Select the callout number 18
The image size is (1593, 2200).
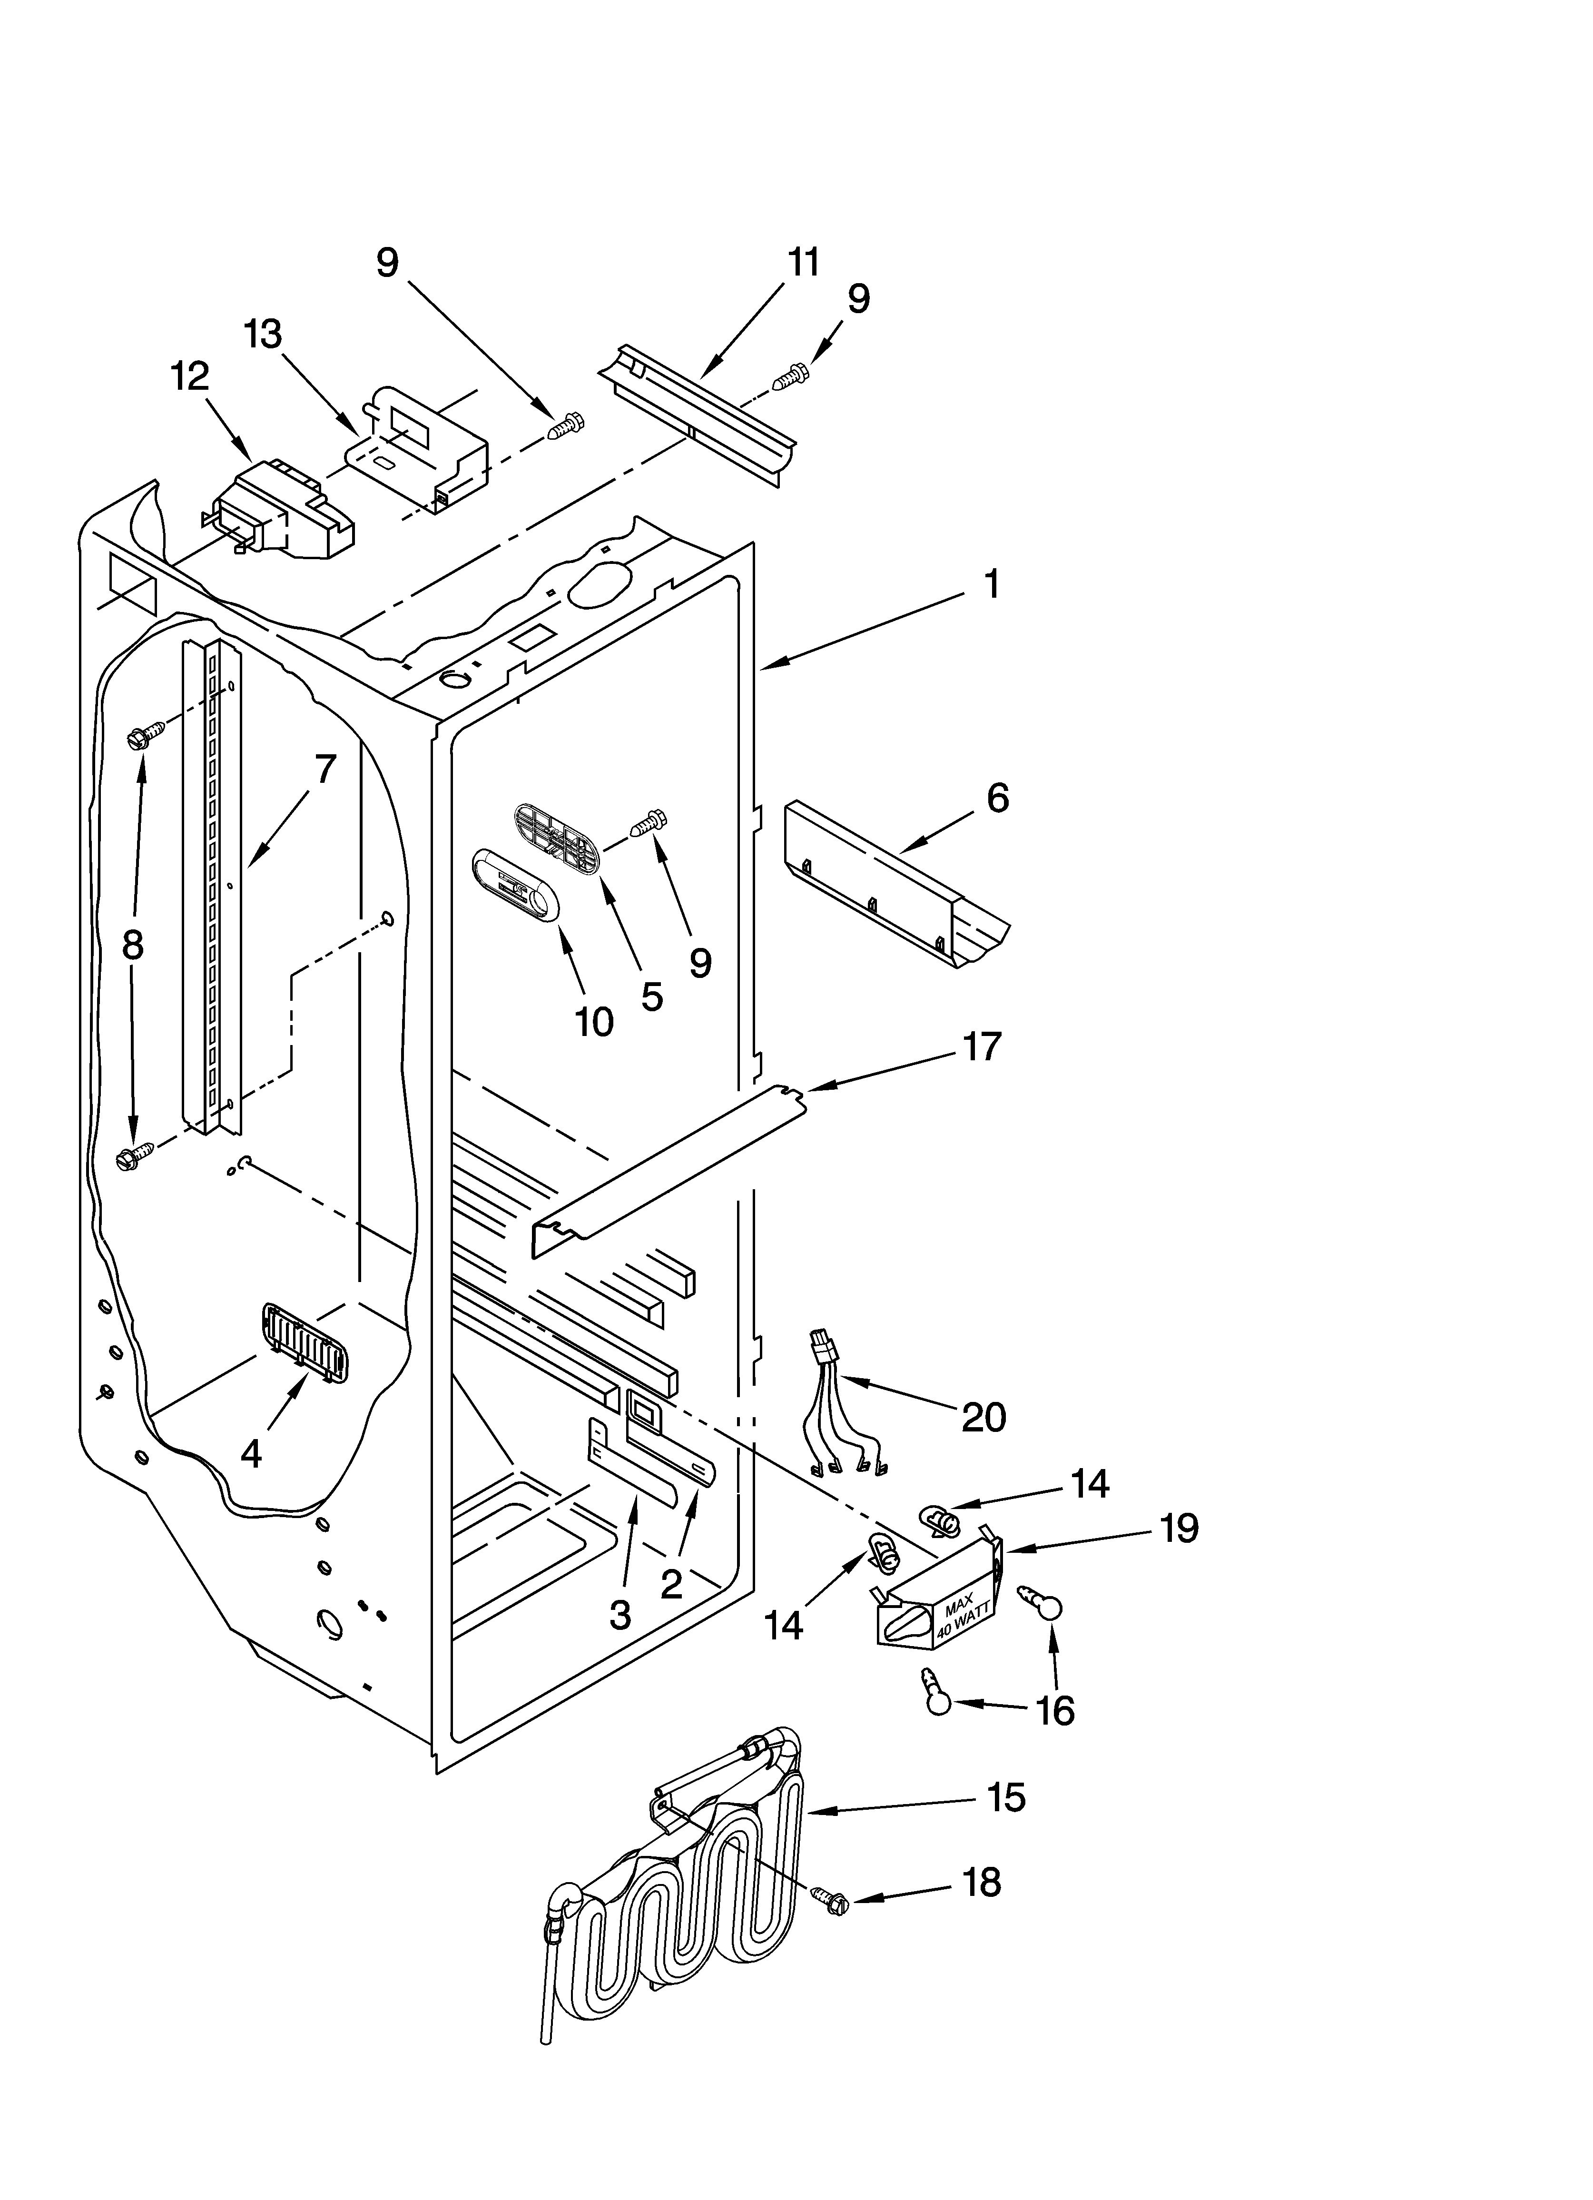pyautogui.click(x=982, y=1909)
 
